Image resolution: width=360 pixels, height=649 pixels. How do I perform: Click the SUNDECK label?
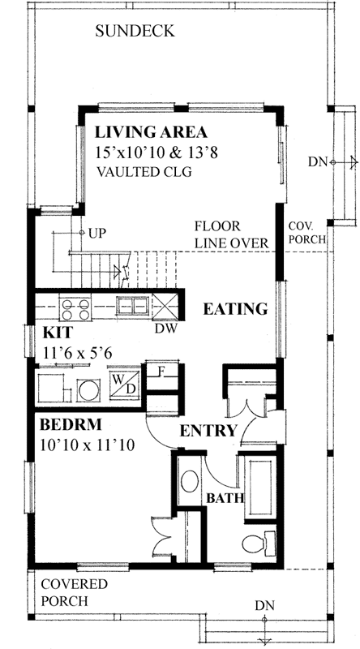[135, 32]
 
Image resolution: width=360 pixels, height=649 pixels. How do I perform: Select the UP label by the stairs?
[96, 233]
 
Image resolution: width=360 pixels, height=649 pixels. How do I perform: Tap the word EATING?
[235, 309]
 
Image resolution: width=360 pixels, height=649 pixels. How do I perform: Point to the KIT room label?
[54, 333]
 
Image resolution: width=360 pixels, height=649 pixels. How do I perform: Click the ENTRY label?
[208, 430]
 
